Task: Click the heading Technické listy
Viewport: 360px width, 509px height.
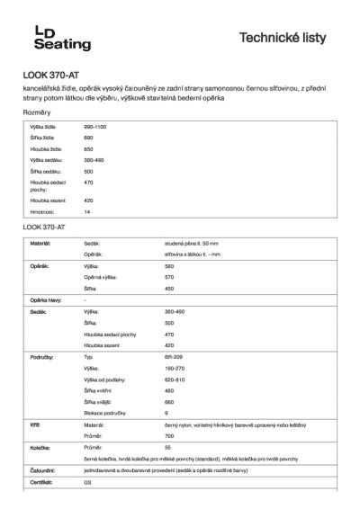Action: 289,37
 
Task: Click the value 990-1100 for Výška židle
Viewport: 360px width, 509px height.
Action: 95,129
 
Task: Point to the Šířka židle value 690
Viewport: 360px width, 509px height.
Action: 88,138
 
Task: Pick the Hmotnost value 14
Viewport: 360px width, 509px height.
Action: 86,211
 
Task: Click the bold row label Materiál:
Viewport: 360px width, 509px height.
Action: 41,244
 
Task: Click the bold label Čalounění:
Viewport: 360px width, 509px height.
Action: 44,469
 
